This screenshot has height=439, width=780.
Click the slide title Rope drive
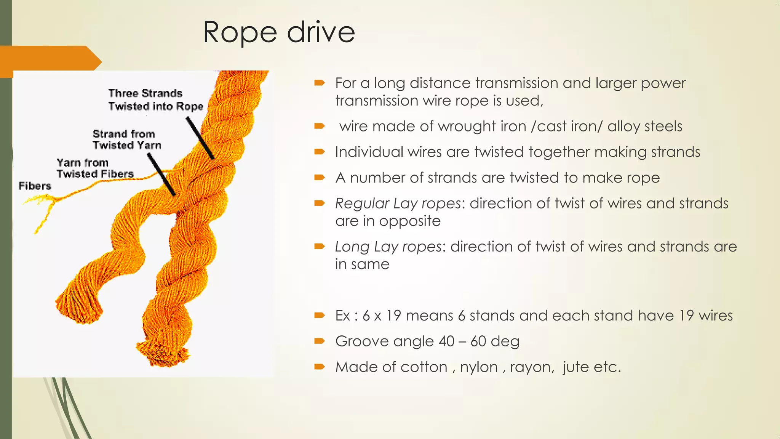pyautogui.click(x=279, y=32)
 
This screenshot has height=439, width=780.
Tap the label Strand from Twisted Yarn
pyautogui.click(x=126, y=139)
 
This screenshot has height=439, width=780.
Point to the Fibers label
pyautogui.click(x=35, y=186)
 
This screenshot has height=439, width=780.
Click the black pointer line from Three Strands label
pyautogui.click(x=200, y=138)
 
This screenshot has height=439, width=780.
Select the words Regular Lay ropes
pyautogui.click(x=398, y=203)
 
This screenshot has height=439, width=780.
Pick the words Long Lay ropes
pyautogui.click(x=388, y=247)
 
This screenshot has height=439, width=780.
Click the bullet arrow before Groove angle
pyautogui.click(x=319, y=341)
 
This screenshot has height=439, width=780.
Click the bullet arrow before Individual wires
pyautogui.click(x=319, y=152)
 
